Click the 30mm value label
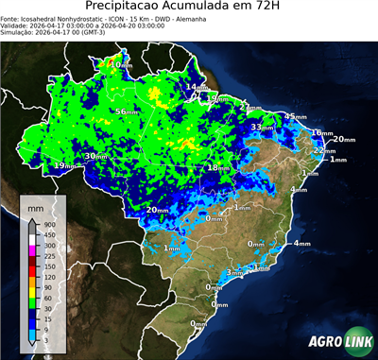[95, 156]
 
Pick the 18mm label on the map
[219, 167]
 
